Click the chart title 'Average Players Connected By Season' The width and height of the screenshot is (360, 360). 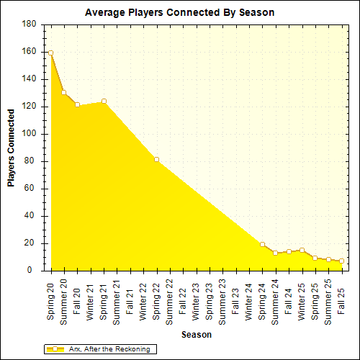pyautogui.click(x=179, y=13)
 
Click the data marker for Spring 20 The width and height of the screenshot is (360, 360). pyautogui.click(x=50, y=53)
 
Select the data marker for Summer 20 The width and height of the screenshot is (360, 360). pyautogui.click(x=64, y=93)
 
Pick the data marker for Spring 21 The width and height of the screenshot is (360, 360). pyautogui.click(x=104, y=102)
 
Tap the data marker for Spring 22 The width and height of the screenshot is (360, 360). pyautogui.click(x=156, y=159)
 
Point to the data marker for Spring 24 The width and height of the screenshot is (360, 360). pyautogui.click(x=262, y=245)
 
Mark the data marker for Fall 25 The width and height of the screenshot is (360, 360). pyautogui.click(x=341, y=261)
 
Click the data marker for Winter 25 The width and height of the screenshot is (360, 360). pyautogui.click(x=302, y=250)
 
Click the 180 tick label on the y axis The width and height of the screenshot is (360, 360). pyautogui.click(x=30, y=24)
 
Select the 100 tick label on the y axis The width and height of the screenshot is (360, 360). pyautogui.click(x=30, y=134)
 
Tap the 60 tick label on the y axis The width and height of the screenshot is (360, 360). pyautogui.click(x=32, y=189)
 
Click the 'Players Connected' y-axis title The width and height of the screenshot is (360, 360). pyautogui.click(x=12, y=148)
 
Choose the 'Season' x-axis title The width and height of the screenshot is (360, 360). pyautogui.click(x=196, y=335)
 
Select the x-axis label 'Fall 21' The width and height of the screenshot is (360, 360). pyautogui.click(x=130, y=298)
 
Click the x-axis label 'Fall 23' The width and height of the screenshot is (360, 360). pyautogui.click(x=235, y=298)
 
